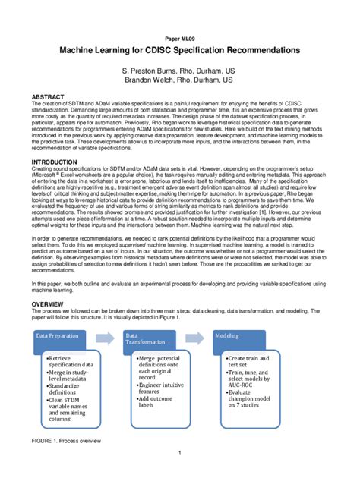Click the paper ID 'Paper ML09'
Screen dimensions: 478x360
click(x=179, y=36)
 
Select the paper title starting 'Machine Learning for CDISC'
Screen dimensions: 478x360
click(x=179, y=50)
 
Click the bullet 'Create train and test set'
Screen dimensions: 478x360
click(x=248, y=360)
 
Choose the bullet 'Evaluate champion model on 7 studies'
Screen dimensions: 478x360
click(x=248, y=399)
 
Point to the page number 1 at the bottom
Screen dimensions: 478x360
click(x=179, y=454)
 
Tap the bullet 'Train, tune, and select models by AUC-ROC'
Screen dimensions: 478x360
click(x=248, y=379)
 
